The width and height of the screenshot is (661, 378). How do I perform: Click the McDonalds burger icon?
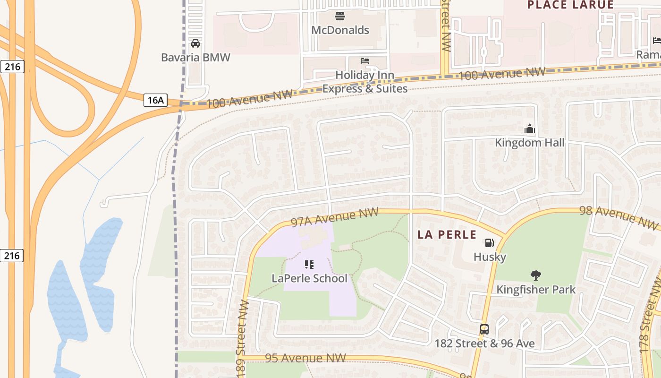point(339,17)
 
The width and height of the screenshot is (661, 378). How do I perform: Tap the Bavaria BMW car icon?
point(195,43)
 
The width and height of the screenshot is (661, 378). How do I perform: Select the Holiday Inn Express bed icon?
point(365,61)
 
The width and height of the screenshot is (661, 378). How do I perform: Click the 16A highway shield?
point(155,100)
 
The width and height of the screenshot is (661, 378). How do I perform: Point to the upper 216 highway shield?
point(12,67)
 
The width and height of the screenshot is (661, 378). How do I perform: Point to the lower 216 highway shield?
point(12,256)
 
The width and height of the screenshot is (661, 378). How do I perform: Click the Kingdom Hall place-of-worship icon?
point(529,129)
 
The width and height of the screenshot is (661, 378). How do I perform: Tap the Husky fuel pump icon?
point(490,243)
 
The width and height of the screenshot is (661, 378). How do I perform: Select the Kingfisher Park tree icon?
point(535,275)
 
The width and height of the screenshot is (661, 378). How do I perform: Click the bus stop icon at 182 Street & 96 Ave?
point(484,329)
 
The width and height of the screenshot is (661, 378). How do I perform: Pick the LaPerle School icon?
point(309,265)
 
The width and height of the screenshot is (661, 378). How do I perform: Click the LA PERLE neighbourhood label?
point(447,234)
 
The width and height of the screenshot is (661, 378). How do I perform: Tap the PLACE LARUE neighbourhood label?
point(570,5)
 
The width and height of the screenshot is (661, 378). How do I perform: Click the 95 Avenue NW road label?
point(305,358)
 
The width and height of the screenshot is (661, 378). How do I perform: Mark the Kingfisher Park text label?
point(536,290)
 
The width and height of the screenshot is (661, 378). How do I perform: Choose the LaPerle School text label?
point(309,278)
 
